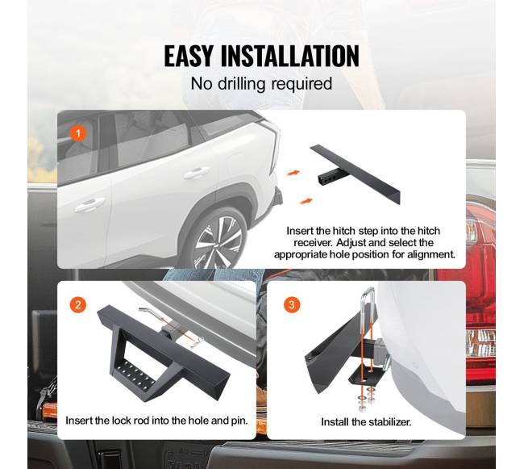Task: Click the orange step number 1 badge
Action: pyautogui.click(x=78, y=133)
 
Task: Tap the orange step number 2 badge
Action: pyautogui.click(x=78, y=305)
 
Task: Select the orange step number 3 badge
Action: pyautogui.click(x=292, y=305)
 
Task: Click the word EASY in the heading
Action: pyautogui.click(x=188, y=56)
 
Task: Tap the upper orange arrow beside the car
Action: pyautogui.click(x=293, y=174)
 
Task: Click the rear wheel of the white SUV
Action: pyautogui.click(x=219, y=241)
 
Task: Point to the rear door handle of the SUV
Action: pyautogui.click(x=197, y=173)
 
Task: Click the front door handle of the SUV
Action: pyautogui.click(x=89, y=205)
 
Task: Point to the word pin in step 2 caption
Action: pyautogui.click(x=240, y=421)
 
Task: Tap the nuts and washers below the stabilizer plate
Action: pyautogui.click(x=366, y=399)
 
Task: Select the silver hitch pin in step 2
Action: pyautogui.click(x=171, y=325)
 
